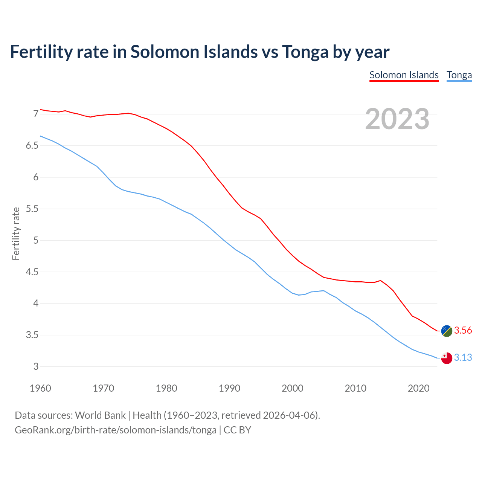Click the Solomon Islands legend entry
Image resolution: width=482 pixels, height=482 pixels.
(404, 75)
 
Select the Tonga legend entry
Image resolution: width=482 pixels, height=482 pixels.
(459, 75)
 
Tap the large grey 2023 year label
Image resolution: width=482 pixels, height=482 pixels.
(397, 119)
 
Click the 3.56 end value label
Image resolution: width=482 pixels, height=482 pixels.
(463, 331)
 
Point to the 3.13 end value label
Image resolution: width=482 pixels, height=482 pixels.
(463, 357)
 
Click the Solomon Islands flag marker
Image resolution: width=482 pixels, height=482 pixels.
(447, 331)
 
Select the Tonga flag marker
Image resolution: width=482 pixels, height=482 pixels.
(447, 358)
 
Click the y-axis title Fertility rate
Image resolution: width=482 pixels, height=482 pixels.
(16, 233)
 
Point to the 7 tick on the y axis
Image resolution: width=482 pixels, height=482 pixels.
(36, 114)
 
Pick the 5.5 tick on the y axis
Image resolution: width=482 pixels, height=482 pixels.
(32, 209)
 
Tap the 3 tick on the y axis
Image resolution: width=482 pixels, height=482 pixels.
(36, 366)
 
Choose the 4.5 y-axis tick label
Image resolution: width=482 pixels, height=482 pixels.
(32, 272)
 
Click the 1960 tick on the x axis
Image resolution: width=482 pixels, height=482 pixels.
(40, 388)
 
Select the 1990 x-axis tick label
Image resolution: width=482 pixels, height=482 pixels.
(229, 388)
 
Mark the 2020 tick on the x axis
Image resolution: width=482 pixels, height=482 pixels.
(418, 388)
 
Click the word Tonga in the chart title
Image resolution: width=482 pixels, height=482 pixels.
(305, 52)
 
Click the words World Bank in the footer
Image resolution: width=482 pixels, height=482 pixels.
(100, 415)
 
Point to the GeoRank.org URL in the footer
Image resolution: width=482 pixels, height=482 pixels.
(116, 430)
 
